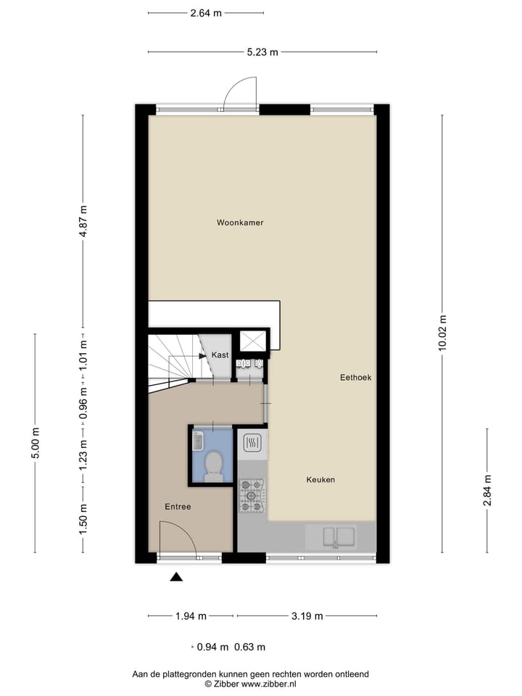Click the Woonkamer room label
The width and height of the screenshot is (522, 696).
[x=240, y=223]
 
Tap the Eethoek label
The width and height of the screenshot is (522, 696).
[x=355, y=378]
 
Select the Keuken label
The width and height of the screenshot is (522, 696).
[x=320, y=480]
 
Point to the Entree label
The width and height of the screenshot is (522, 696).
[x=178, y=507]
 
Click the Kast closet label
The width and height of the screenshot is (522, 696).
[x=220, y=355]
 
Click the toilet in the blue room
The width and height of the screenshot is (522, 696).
[x=214, y=466]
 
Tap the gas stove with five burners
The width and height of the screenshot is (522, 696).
[x=252, y=495]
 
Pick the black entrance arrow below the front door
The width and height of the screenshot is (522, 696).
[x=176, y=577]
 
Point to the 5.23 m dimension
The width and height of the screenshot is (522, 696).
[x=262, y=52]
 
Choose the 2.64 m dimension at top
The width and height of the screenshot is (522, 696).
[x=206, y=13]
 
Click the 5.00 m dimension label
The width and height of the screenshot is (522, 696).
[x=36, y=443]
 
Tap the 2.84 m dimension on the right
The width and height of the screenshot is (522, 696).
[x=487, y=490]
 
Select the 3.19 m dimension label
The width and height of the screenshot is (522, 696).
[x=307, y=616]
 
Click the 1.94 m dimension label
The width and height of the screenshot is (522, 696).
[x=191, y=616]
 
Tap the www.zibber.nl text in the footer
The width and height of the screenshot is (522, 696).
[x=269, y=684]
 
